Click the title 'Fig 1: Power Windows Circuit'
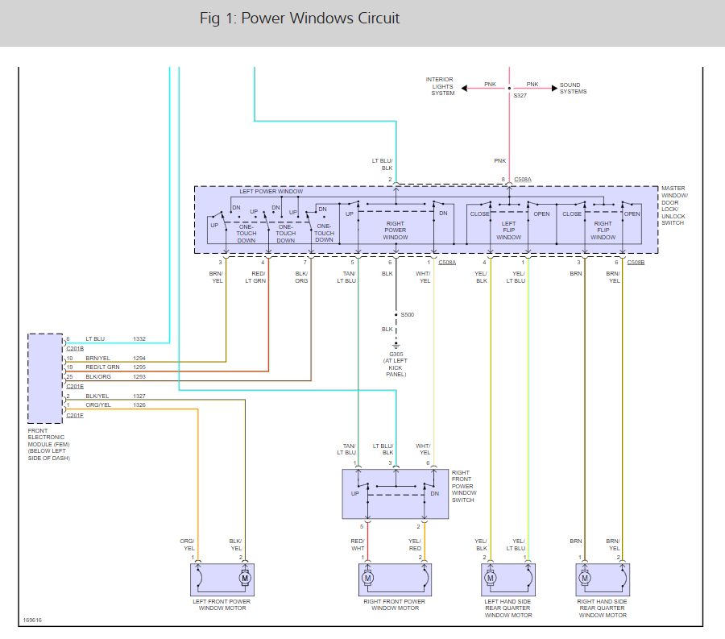(300, 19)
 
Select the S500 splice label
(407, 314)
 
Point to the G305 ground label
(395, 354)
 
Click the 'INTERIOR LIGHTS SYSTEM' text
(441, 86)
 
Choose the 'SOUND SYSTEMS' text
(573, 88)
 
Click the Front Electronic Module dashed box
(45, 378)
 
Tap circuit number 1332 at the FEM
(140, 339)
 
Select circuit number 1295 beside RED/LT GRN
(140, 367)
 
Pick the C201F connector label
(75, 415)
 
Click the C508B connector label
(635, 263)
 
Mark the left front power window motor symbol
(245, 578)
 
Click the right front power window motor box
(395, 579)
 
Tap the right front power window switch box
(395, 493)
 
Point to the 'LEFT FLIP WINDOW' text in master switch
(508, 230)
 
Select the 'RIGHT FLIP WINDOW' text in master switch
(603, 230)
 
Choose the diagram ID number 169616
(33, 620)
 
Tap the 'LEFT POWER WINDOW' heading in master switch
(271, 192)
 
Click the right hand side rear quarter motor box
(603, 579)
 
